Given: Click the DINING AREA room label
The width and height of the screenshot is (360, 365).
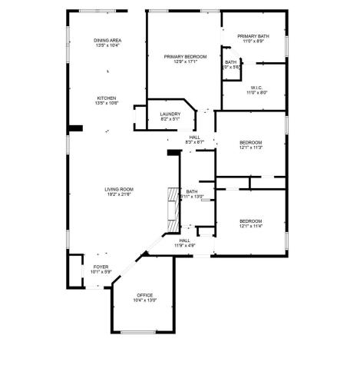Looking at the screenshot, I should pyautogui.click(x=108, y=40).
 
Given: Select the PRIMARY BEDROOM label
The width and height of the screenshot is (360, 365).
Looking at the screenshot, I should pyautogui.click(x=181, y=56).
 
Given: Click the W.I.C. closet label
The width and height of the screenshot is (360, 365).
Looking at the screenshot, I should pyautogui.click(x=256, y=88).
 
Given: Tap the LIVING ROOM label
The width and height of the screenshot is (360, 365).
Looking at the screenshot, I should pyautogui.click(x=120, y=188).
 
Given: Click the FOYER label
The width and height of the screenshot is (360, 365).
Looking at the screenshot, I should pyautogui.click(x=101, y=266).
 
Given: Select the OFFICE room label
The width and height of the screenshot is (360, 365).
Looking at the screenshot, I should pyautogui.click(x=145, y=295).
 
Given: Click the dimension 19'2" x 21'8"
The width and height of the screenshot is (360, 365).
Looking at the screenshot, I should pyautogui.click(x=120, y=194).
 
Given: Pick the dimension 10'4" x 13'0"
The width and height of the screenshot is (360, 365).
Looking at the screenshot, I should pyautogui.click(x=145, y=300).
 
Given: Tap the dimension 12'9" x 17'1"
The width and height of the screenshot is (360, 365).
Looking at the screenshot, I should pyautogui.click(x=181, y=61).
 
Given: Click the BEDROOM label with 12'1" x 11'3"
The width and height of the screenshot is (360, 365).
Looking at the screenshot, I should pyautogui.click(x=251, y=144).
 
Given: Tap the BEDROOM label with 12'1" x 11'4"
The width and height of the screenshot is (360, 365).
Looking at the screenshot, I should pyautogui.click(x=251, y=223).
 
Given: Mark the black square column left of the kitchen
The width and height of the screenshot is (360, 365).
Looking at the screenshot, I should pyautogui.click(x=76, y=128).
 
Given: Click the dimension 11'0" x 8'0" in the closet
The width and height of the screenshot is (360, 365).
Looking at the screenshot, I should pyautogui.click(x=256, y=93).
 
